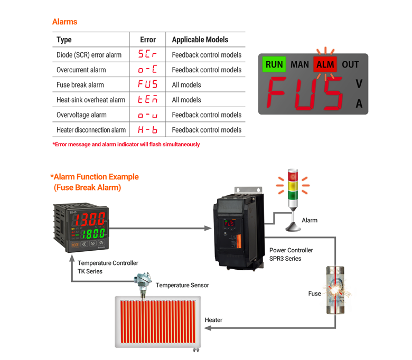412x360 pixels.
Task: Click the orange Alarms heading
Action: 64,22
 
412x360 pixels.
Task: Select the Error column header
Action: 148,40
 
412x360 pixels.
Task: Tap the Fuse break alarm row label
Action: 80,84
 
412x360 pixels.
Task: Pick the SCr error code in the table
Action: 147,54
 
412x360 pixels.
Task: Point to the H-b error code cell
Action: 147,130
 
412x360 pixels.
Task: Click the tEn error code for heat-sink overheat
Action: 147,100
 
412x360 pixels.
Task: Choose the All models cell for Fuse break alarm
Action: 186,84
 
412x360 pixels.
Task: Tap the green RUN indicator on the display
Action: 274,64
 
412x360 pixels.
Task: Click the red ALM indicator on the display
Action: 325,64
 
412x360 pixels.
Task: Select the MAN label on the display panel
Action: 299,64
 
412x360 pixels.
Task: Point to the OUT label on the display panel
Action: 350,64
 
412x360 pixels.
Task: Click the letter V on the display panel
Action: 359,84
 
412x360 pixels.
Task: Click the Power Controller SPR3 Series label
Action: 291,254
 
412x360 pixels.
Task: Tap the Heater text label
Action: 213,320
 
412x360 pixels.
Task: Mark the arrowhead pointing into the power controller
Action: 208,229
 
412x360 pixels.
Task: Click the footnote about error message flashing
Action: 126,145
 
